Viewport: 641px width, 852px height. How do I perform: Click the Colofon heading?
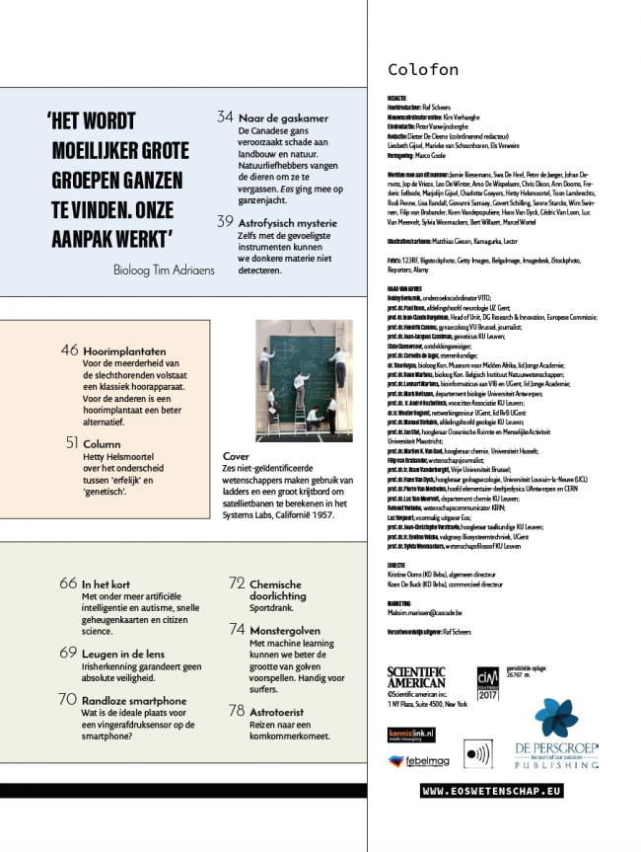[422, 70]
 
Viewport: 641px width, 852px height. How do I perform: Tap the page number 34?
[225, 117]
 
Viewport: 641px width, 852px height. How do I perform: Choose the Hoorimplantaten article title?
[124, 350]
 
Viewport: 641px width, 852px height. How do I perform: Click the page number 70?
[68, 699]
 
